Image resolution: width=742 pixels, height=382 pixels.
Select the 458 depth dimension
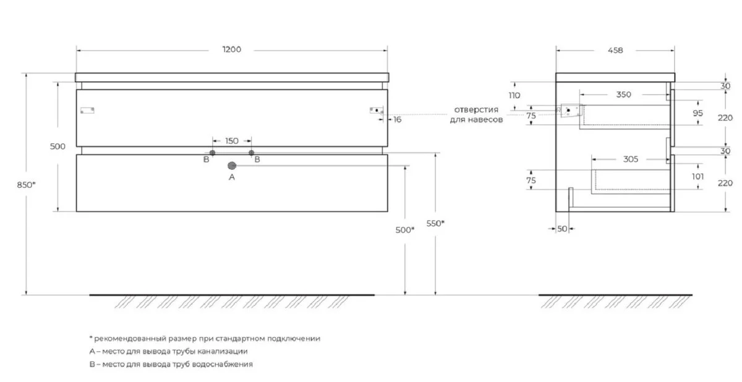click(x=615, y=50)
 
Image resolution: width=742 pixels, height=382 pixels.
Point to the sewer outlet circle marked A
click(x=232, y=166)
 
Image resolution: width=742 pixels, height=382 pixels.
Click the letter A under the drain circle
click(x=232, y=177)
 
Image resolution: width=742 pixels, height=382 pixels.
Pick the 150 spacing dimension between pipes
click(x=231, y=141)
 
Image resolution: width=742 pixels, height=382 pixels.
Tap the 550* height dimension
click(x=435, y=223)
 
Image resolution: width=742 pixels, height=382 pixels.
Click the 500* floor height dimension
click(x=404, y=229)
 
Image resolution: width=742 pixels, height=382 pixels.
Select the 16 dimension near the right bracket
click(x=397, y=119)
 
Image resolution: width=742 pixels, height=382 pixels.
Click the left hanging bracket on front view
click(x=88, y=111)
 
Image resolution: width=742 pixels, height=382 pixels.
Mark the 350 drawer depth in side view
click(x=624, y=95)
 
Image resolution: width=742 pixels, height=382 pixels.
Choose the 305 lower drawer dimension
click(x=630, y=159)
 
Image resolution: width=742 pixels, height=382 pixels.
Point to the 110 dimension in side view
click(x=514, y=96)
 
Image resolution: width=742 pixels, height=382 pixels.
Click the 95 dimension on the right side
click(x=698, y=113)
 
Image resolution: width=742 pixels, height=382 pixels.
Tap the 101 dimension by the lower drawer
click(x=698, y=177)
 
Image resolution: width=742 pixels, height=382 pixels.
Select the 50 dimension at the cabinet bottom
click(x=561, y=229)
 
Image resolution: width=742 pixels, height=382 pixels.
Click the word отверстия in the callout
click(x=475, y=110)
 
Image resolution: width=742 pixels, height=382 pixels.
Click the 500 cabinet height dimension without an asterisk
click(x=58, y=146)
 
